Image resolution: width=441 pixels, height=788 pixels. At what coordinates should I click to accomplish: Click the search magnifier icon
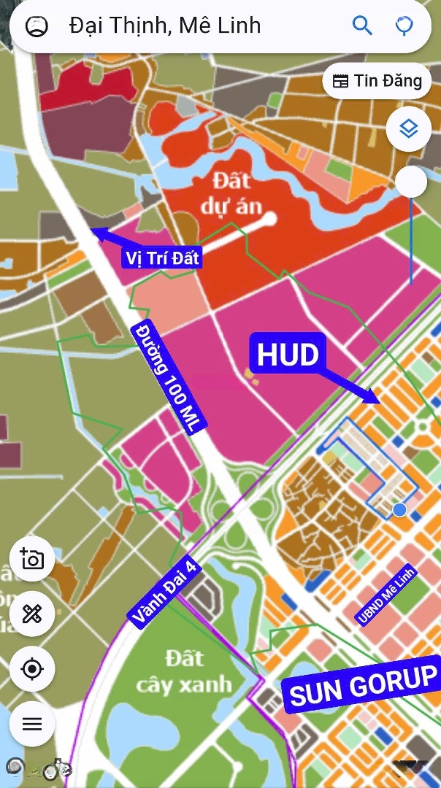[x=362, y=26]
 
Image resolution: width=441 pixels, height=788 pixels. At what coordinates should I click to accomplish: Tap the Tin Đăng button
[x=377, y=81]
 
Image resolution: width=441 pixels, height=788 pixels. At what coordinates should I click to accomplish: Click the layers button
[x=408, y=129]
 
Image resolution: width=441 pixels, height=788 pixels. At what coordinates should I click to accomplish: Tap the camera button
[x=32, y=560]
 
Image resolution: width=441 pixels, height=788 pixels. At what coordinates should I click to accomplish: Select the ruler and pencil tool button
[x=32, y=614]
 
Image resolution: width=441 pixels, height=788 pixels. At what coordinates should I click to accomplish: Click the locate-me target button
[x=32, y=668]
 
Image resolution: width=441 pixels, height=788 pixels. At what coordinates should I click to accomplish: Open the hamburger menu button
[x=32, y=724]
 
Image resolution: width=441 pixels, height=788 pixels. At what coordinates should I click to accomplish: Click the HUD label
[x=288, y=355]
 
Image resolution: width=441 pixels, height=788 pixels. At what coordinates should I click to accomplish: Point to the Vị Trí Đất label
[x=162, y=258]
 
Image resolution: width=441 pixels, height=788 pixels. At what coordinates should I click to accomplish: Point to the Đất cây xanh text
[x=183, y=671]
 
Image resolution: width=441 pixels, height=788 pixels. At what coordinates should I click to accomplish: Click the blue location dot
[x=399, y=509]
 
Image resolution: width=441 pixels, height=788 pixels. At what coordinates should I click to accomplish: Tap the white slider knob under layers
[x=411, y=182]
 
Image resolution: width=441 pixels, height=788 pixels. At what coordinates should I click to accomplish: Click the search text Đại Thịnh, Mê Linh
[x=165, y=26]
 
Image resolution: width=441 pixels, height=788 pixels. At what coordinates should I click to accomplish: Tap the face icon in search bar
[x=37, y=26]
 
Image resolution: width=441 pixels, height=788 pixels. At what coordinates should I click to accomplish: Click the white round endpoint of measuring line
[x=269, y=217]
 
